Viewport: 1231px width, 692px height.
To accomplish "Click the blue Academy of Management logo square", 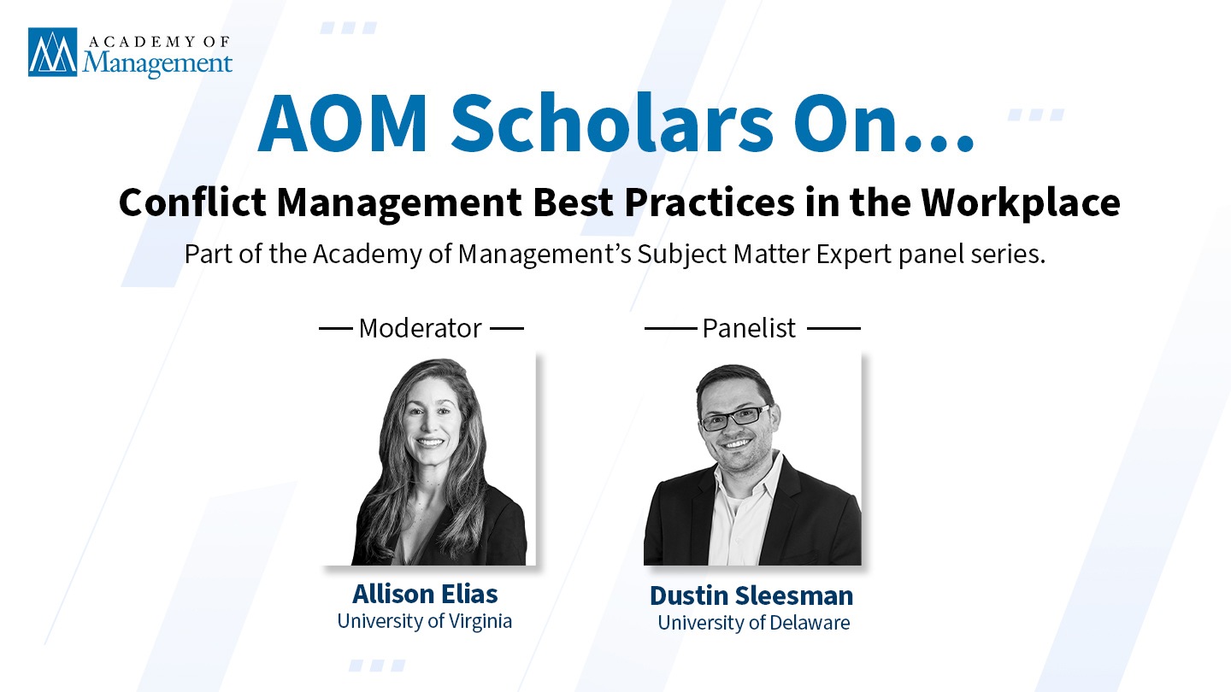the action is [x=53, y=52].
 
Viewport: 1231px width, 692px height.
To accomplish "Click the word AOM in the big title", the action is [x=342, y=124].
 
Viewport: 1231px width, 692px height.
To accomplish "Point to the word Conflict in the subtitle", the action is [x=192, y=202].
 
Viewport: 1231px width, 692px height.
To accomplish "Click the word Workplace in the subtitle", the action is [x=1021, y=203].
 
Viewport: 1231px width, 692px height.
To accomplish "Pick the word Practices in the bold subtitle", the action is [x=710, y=202].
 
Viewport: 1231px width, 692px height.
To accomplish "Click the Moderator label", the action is [x=421, y=328].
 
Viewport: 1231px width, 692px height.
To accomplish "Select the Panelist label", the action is [x=749, y=328].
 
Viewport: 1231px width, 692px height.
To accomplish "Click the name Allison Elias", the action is [x=425, y=594].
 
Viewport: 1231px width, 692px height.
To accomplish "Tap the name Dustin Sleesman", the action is [x=751, y=596].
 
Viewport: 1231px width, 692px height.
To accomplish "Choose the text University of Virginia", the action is [x=424, y=621].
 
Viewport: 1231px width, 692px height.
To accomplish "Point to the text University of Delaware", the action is [x=753, y=623].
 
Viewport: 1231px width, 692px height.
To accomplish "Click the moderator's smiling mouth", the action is [x=430, y=442].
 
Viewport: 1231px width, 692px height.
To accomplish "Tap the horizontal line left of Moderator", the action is [x=336, y=328].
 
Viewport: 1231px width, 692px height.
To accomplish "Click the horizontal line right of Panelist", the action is [x=833, y=328].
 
